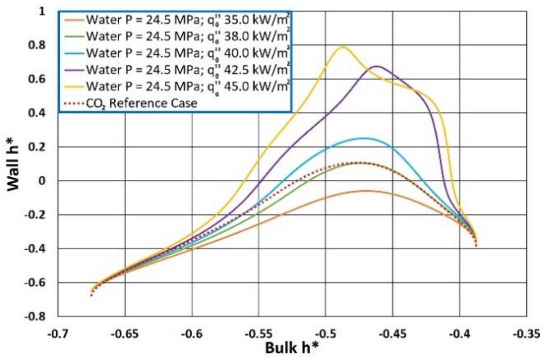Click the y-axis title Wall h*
[x=13, y=168]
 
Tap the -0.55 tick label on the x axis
[x=259, y=333]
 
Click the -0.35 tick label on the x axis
[x=526, y=333]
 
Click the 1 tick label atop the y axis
[x=42, y=11]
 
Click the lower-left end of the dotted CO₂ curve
[x=91, y=296]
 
